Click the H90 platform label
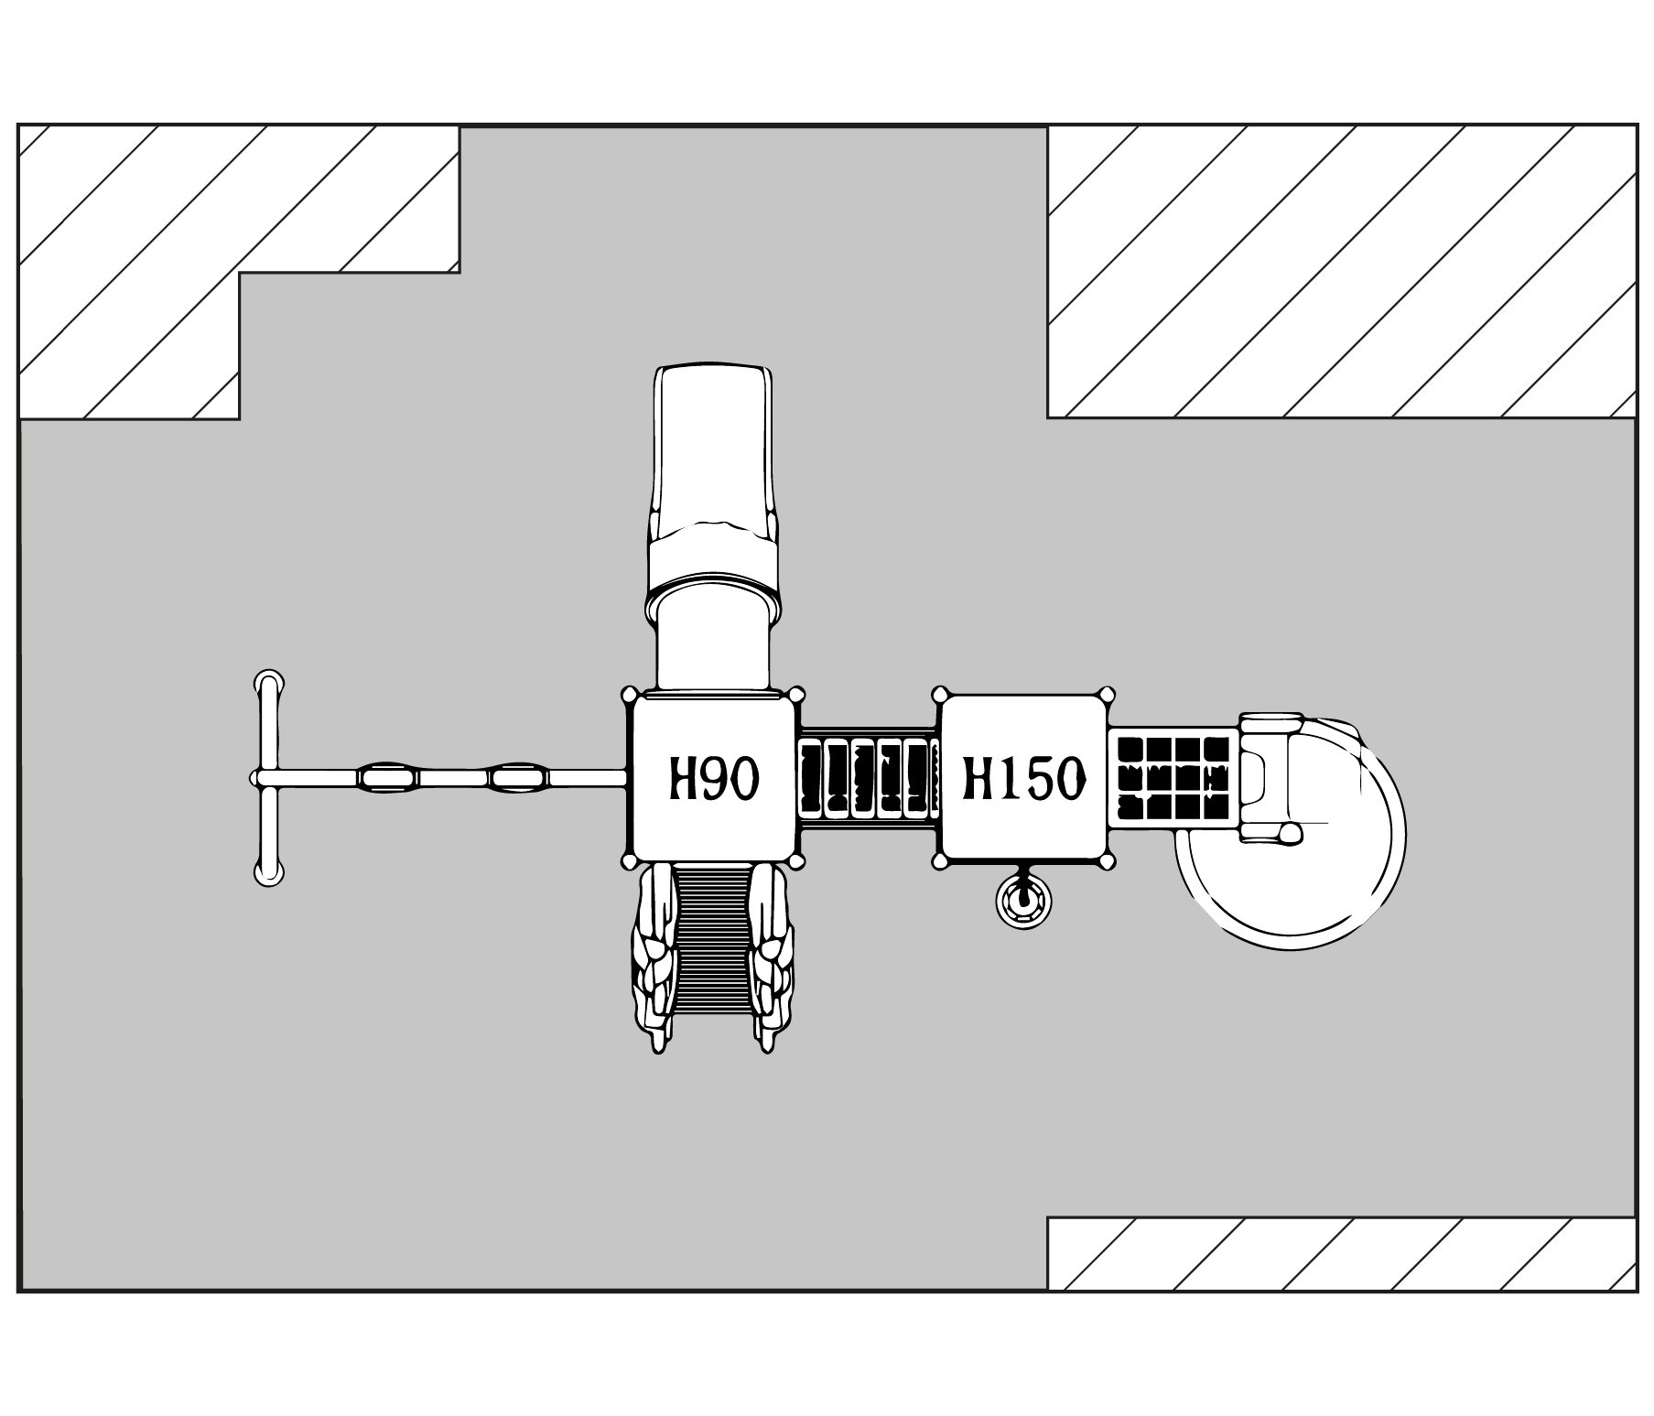click(712, 779)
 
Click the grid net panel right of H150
click(1173, 778)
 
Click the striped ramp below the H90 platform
click(712, 943)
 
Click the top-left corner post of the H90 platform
click(630, 695)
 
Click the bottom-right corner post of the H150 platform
click(1108, 861)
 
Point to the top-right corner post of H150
click(1108, 695)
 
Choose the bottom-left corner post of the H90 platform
click(630, 861)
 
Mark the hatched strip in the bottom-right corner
click(1341, 1253)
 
